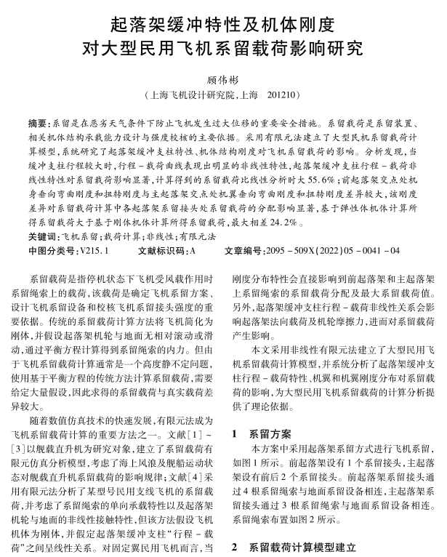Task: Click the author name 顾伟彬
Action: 222,79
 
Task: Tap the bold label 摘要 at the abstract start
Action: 39,124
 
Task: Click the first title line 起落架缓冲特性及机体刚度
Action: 222,25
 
